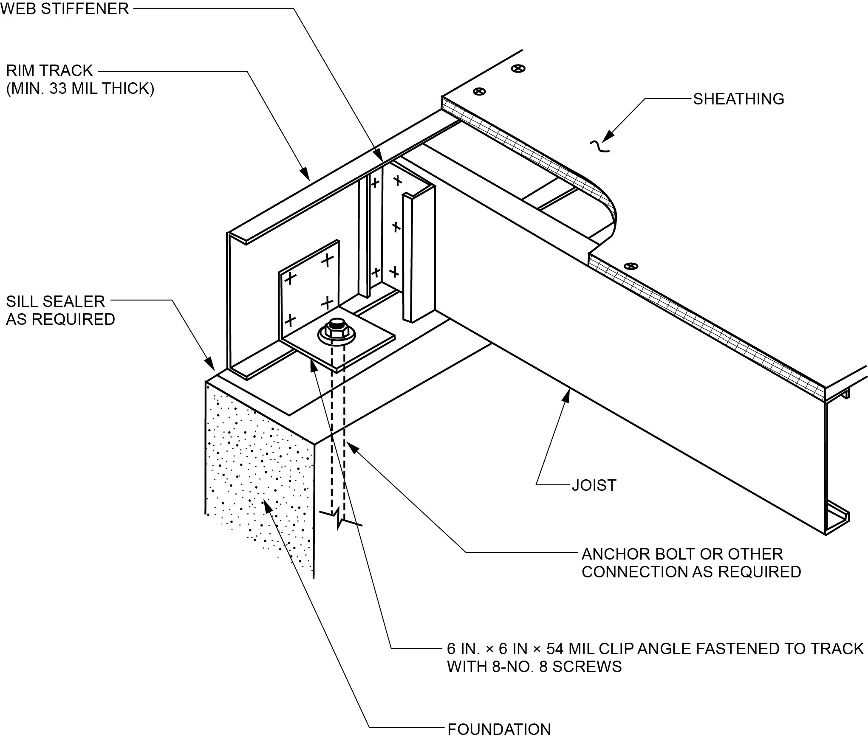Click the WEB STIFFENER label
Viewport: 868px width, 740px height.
point(65,8)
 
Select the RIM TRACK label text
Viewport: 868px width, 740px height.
point(49,70)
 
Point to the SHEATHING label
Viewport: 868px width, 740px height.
point(738,99)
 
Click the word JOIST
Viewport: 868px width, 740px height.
point(594,485)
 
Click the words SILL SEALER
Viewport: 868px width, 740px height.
point(55,301)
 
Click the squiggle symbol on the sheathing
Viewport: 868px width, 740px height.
point(599,146)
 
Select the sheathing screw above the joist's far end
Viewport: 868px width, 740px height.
point(631,266)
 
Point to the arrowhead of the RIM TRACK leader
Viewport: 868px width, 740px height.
point(305,174)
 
